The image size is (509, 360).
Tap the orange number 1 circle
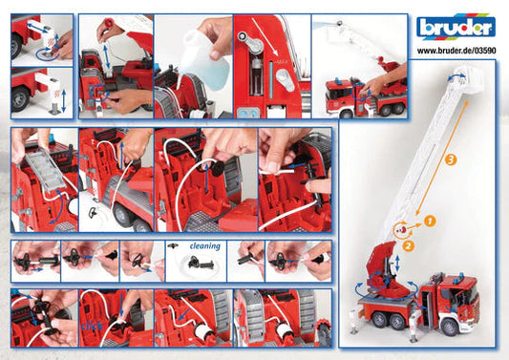point(430,221)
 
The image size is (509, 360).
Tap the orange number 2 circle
point(409,245)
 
